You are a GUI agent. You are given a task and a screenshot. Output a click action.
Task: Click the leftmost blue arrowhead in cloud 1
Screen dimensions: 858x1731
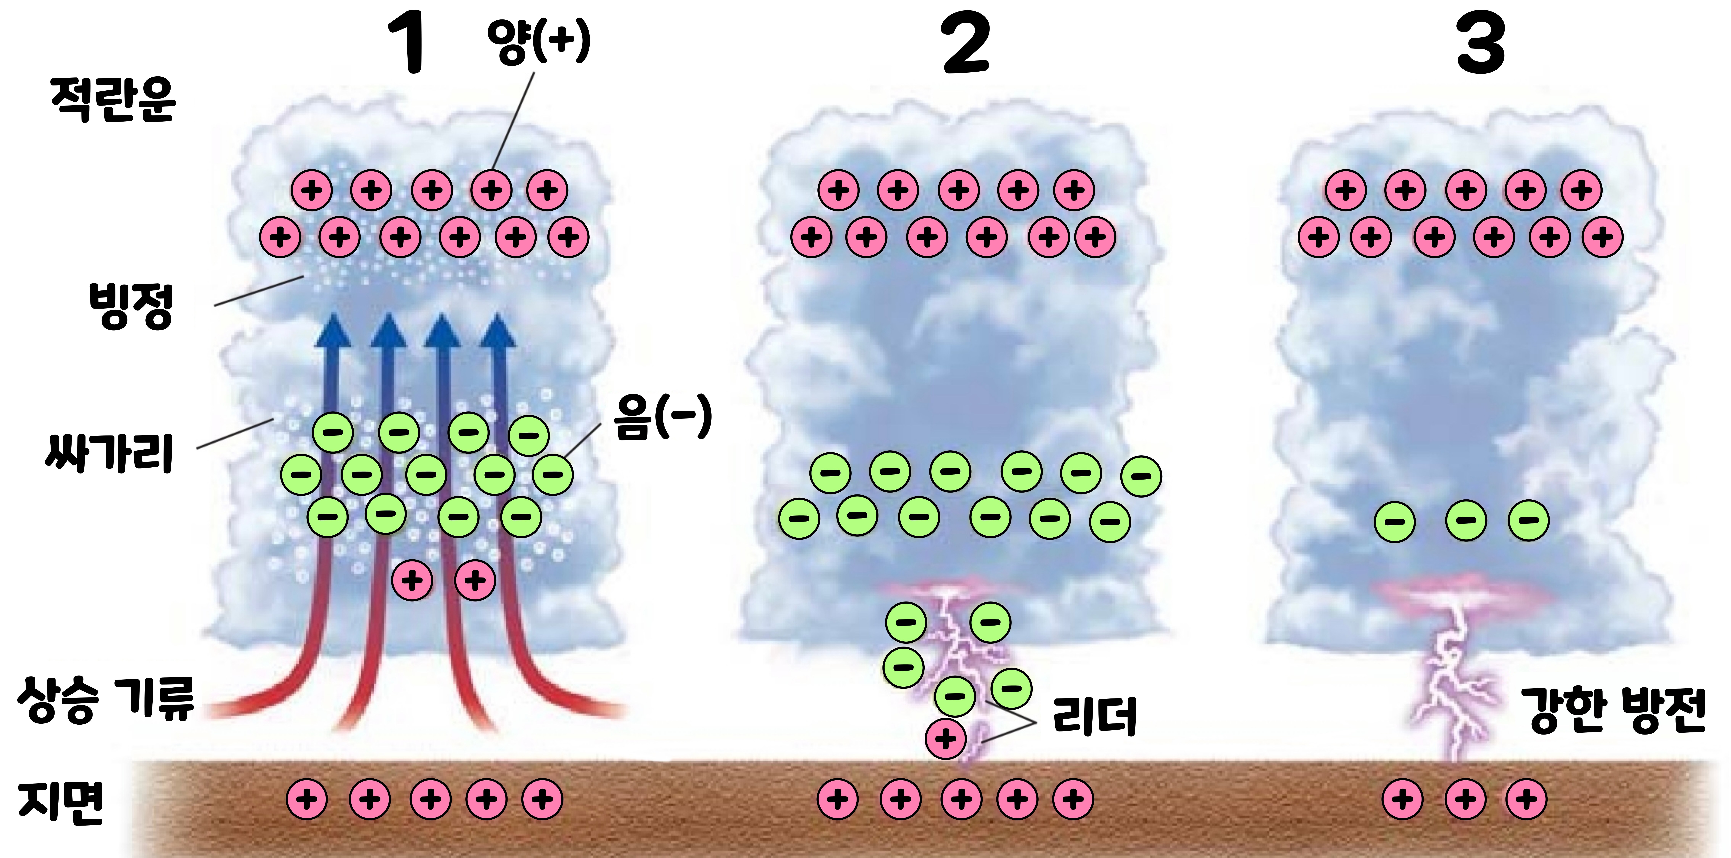coord(334,331)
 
